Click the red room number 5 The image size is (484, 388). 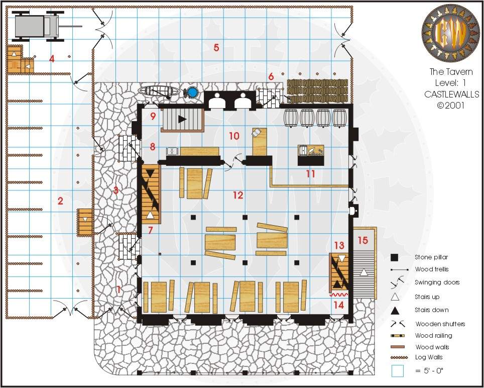[x=216, y=48]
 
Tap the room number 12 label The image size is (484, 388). [x=238, y=195]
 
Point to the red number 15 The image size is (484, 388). [x=363, y=240]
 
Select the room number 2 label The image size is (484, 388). [x=60, y=201]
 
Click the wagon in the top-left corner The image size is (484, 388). [x=46, y=26]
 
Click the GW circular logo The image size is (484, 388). [x=450, y=33]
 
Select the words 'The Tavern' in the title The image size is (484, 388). [x=451, y=72]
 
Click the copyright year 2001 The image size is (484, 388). [x=455, y=106]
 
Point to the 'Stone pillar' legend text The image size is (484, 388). [x=431, y=257]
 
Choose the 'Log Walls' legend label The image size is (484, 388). [x=429, y=357]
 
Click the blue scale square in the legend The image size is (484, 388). [x=397, y=371]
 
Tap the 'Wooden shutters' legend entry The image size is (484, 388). [x=440, y=324]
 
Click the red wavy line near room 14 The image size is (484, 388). [x=338, y=295]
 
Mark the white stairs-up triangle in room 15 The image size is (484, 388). [x=364, y=272]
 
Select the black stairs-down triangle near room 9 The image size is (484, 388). [x=182, y=119]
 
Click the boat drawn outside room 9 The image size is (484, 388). [x=158, y=91]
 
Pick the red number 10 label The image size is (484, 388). [x=234, y=136]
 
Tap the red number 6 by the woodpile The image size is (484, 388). [x=271, y=76]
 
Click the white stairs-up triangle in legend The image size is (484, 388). [x=395, y=297]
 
